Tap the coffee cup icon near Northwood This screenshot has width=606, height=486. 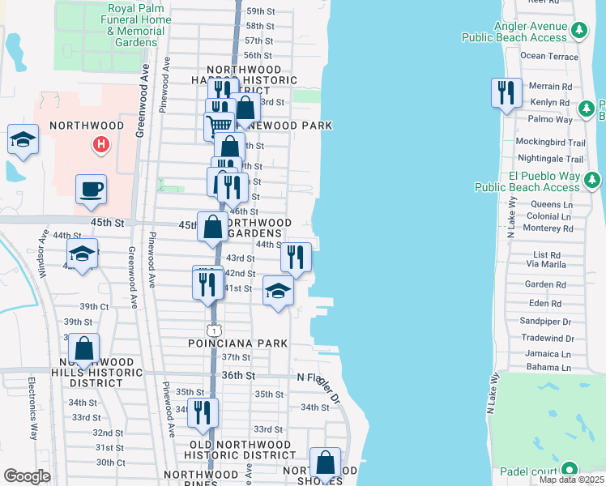coord(91,190)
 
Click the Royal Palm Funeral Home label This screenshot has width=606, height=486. coord(136,25)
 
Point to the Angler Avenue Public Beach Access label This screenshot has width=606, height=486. coord(514,32)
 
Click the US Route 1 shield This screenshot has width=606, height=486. coord(212,330)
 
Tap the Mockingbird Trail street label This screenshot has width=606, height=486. coord(549,140)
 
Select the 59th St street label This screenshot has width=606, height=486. coord(260,11)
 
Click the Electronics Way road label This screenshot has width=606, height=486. coord(34,409)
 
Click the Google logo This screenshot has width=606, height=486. coord(27,476)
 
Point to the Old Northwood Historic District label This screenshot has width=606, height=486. coord(241,450)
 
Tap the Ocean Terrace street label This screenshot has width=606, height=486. coord(549,56)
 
